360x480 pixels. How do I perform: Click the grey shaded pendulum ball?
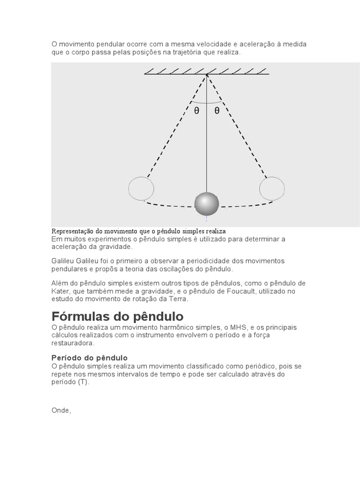(207, 203)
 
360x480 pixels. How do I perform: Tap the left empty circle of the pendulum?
(141, 188)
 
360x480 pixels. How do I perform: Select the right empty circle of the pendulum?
(272, 188)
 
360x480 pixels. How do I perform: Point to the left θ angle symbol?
(197, 111)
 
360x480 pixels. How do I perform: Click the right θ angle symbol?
(217, 111)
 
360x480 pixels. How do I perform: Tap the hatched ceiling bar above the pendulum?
(206, 72)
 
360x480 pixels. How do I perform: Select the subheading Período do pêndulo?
(90, 358)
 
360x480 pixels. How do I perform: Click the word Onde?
(60, 410)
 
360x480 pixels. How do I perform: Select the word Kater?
(60, 291)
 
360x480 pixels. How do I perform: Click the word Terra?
(178, 299)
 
